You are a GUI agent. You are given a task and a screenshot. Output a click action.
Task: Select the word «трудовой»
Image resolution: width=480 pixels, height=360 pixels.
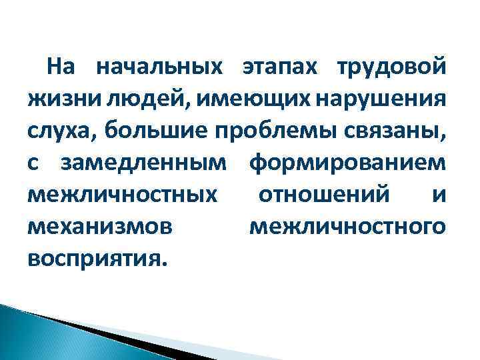coord(391,67)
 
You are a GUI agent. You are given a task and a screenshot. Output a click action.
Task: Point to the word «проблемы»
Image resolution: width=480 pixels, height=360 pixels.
coord(273,130)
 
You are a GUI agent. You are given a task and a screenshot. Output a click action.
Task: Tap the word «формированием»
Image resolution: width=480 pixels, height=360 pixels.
coord(347,162)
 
